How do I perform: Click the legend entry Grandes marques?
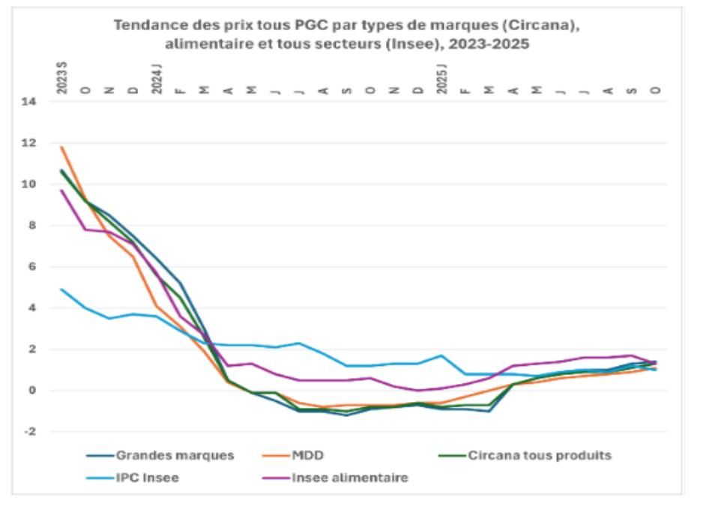(x=160, y=455)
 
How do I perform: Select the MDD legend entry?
(x=293, y=455)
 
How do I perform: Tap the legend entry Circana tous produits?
(x=525, y=455)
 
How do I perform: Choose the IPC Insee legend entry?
(x=133, y=478)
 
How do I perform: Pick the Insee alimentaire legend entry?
(x=336, y=478)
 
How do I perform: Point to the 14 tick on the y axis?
(x=28, y=101)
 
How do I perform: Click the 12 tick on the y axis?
(x=28, y=142)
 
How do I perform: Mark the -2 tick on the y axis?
(x=29, y=431)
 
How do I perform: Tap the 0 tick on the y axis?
(x=32, y=391)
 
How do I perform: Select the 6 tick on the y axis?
(x=32, y=266)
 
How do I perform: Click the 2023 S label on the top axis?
(x=61, y=78)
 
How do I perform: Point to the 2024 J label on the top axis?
(x=157, y=79)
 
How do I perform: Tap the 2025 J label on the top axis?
(x=442, y=79)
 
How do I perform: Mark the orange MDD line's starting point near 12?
(x=61, y=147)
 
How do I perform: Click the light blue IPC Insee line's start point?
(x=61, y=289)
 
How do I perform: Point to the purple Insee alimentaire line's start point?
(x=61, y=190)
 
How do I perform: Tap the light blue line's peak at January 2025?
(x=442, y=355)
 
